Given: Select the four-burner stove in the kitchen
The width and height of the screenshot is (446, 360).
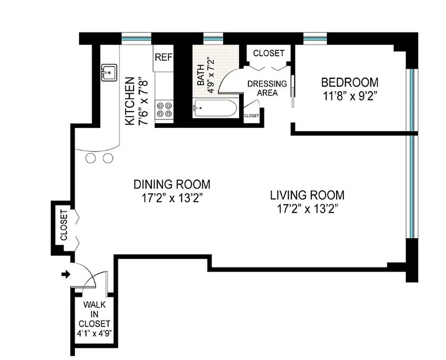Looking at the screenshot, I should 164,110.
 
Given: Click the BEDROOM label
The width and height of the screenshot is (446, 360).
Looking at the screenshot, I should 350,83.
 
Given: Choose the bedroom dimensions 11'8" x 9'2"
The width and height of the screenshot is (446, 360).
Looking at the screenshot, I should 350,95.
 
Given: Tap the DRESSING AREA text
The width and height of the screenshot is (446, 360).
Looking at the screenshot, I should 267,88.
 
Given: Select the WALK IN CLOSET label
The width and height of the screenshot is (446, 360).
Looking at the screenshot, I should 94,314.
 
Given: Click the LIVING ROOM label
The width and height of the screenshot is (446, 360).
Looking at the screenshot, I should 307,195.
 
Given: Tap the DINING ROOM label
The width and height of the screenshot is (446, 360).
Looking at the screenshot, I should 172,184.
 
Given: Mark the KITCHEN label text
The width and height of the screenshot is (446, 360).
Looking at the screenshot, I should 129,101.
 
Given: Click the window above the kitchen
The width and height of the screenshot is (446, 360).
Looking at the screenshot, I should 137,39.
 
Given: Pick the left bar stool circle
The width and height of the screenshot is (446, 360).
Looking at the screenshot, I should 91,158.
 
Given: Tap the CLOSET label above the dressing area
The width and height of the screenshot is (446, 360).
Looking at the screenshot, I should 269,53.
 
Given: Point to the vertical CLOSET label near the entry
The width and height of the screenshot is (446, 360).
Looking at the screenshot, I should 64,225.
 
